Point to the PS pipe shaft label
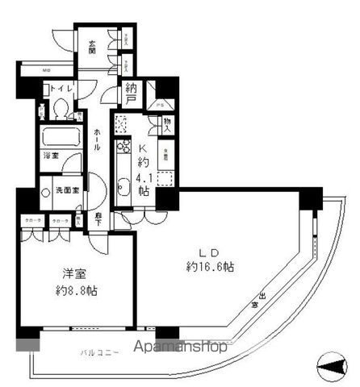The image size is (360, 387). coord(161,105)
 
